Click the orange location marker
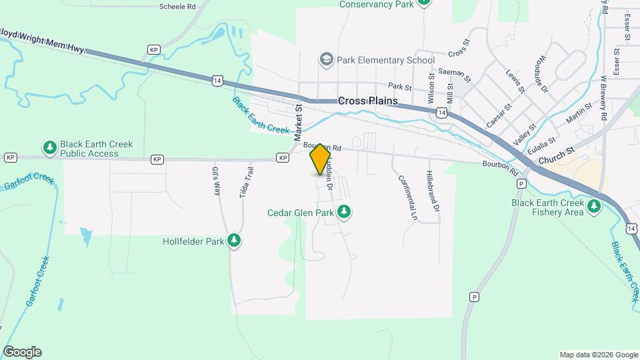pos(320,159)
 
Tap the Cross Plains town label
pos(367,101)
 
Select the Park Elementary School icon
pos(326,60)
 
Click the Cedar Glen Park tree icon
pos(344,213)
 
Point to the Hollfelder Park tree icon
pos(233,241)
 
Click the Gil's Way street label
pos(216,180)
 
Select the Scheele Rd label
pos(177,6)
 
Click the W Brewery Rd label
pos(604,97)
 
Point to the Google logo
pos(22,352)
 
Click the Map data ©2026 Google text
pos(599,355)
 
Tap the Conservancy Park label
pos(377,4)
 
